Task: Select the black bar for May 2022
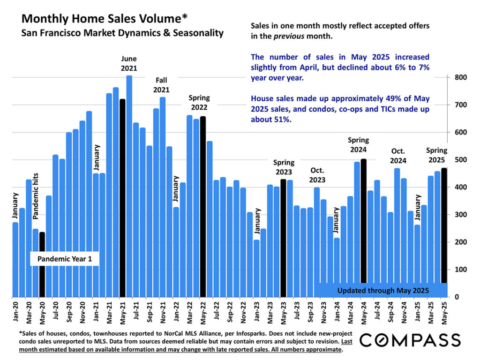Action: [203, 207]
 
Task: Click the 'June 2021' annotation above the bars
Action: [129, 63]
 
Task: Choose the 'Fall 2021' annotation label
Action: [161, 85]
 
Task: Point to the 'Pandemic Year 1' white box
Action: [65, 259]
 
